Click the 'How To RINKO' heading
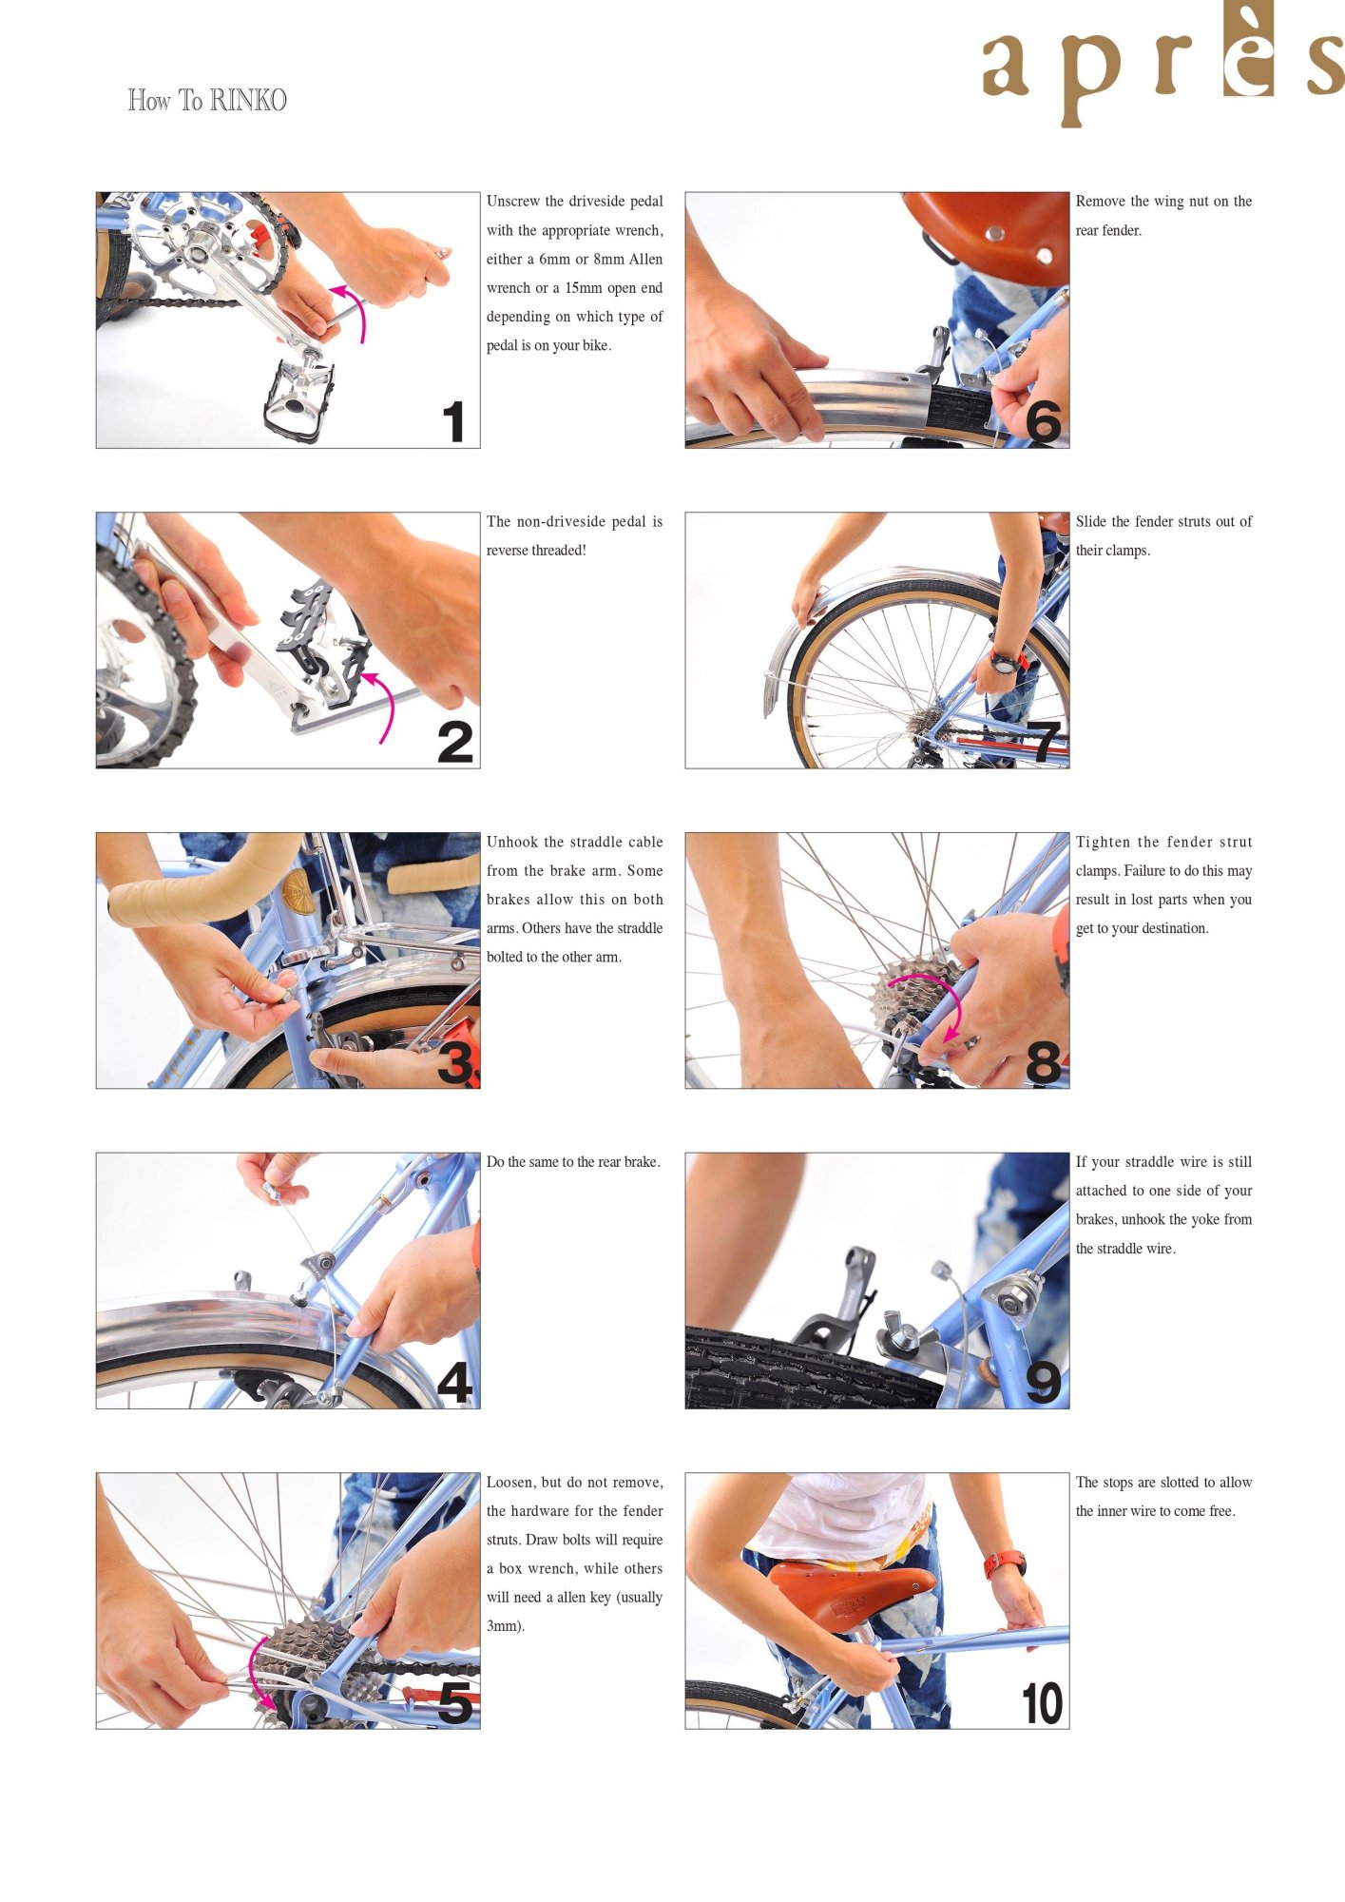[207, 100]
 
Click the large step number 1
[454, 421]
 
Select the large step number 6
[1043, 421]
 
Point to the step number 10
[1042, 1703]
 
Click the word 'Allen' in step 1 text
[645, 260]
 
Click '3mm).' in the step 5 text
[506, 1626]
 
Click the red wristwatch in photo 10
[1005, 1562]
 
